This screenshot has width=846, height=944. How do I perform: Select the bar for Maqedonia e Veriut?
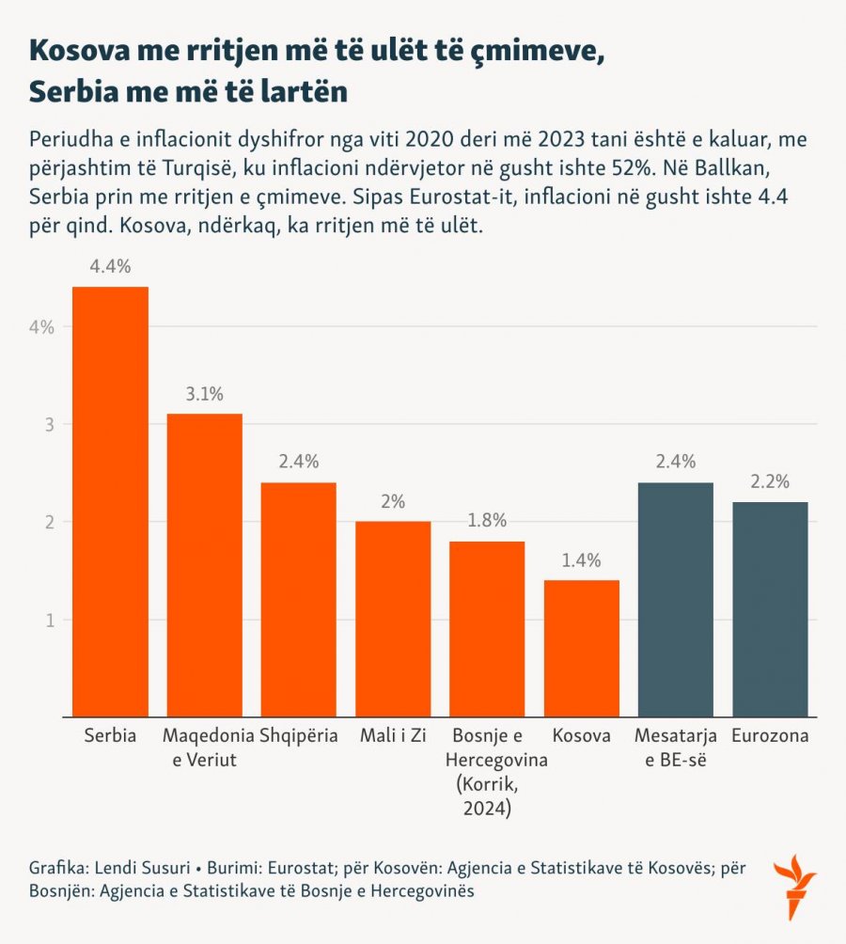[x=204, y=564]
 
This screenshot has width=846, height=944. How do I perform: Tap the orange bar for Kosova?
[x=581, y=648]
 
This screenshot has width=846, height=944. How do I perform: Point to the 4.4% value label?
[x=110, y=267]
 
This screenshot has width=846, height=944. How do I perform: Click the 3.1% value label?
[x=204, y=394]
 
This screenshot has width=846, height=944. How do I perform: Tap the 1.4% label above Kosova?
[x=581, y=561]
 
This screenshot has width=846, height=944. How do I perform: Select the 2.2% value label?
[x=770, y=481]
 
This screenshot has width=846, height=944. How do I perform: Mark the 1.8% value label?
[x=487, y=522]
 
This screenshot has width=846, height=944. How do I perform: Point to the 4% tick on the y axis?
[x=41, y=327]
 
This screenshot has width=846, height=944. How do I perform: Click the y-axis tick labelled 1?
[x=47, y=621]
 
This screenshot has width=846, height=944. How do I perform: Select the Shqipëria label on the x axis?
[x=298, y=736]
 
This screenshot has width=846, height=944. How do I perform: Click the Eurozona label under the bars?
[x=770, y=736]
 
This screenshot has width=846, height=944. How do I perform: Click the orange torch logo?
[x=792, y=886]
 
